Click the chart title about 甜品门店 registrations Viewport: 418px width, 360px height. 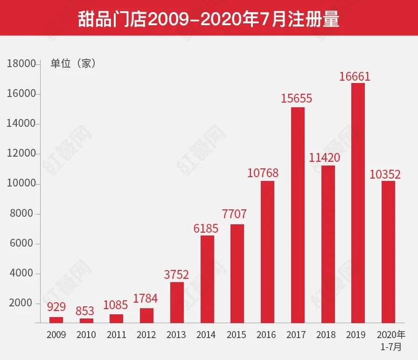click(x=209, y=20)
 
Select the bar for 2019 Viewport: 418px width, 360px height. click(x=358, y=203)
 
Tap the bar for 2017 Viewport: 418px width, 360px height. click(x=298, y=215)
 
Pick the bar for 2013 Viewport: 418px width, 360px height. click(x=177, y=302)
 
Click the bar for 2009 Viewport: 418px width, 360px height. click(x=56, y=319)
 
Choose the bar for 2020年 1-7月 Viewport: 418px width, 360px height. click(x=388, y=252)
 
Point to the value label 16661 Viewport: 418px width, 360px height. click(x=357, y=76)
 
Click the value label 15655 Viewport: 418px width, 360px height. click(x=297, y=99)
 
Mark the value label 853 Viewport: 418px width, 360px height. click(x=85, y=310)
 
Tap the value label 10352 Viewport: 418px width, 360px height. click(x=385, y=174)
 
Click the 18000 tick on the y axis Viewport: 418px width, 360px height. click(x=21, y=64)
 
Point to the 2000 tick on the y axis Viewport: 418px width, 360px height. click(x=21, y=304)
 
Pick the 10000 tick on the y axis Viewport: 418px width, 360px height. click(x=21, y=184)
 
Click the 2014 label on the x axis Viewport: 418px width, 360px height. click(x=206, y=335)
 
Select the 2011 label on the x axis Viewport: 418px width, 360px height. click(x=116, y=335)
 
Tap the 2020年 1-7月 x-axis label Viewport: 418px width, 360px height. click(x=391, y=340)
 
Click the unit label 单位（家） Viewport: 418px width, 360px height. click(x=73, y=64)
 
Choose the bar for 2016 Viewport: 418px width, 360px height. click(x=267, y=252)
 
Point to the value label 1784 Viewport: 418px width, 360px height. click(x=145, y=298)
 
